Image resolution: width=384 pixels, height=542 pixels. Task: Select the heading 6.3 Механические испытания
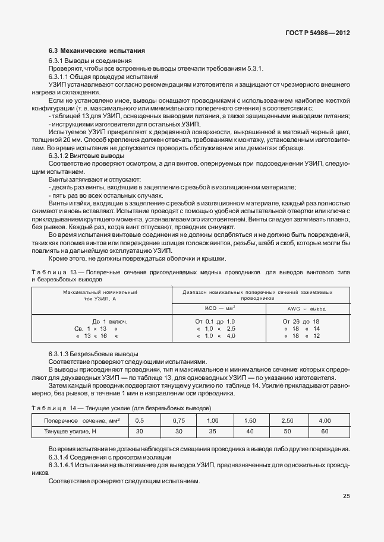[97, 52]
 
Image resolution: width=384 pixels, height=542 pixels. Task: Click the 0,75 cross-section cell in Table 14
[179, 420]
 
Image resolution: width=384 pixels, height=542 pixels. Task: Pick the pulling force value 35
[212, 432]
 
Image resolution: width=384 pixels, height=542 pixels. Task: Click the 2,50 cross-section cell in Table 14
[287, 420]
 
